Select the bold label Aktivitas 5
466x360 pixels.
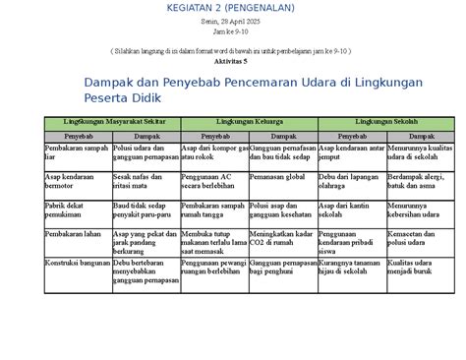[x=233, y=60]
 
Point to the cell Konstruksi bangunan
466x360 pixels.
[x=78, y=263]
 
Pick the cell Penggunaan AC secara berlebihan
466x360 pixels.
[x=205, y=181]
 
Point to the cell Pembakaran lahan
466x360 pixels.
[x=73, y=234]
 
